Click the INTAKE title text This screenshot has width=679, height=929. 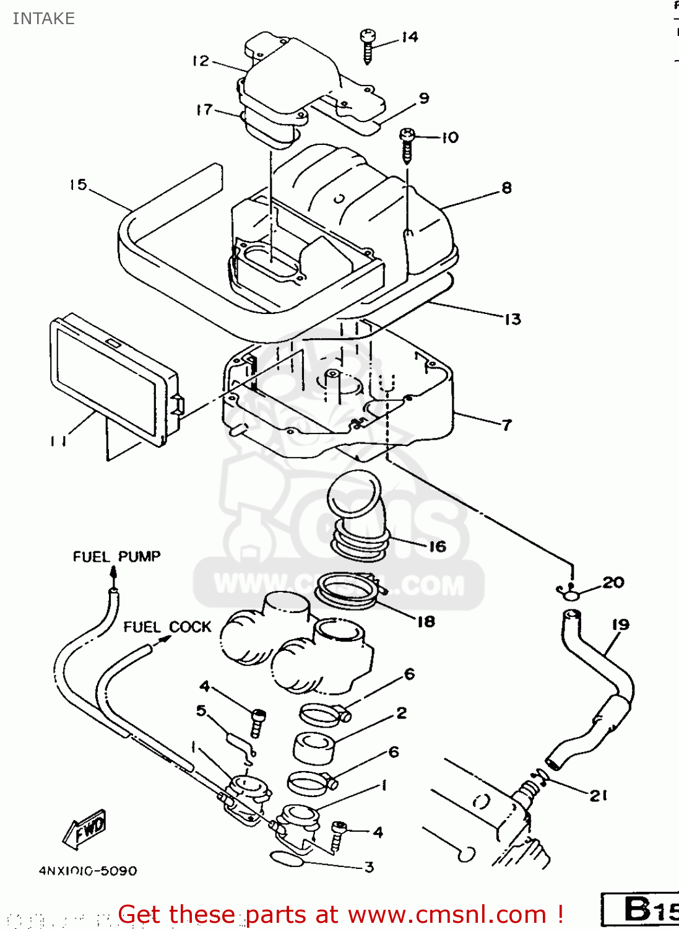43,19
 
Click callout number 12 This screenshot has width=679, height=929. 201,61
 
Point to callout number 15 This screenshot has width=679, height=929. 78,185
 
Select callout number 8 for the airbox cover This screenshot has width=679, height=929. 506,188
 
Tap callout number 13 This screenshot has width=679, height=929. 512,320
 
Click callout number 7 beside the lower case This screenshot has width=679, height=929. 507,425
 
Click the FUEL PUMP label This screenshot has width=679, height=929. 116,556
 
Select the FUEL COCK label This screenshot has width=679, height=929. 167,627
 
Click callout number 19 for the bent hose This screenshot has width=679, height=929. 620,624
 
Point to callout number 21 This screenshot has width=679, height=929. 598,795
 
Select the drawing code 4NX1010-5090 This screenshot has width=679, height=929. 88,871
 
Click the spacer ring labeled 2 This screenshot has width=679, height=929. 314,747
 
